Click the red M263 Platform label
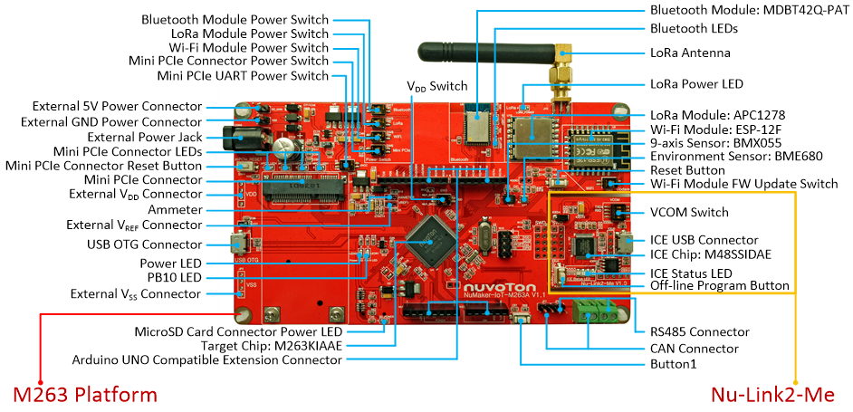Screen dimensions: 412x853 [85, 395]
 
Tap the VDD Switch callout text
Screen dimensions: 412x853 [436, 87]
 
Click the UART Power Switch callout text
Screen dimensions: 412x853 [272, 76]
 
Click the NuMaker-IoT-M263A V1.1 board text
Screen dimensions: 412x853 [503, 295]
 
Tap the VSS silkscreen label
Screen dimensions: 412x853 [253, 285]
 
